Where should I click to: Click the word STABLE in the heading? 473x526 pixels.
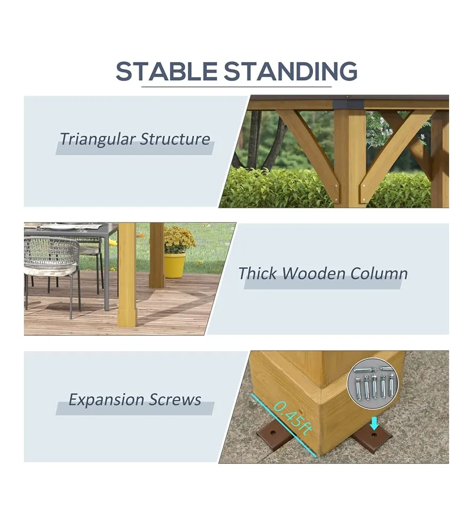166,71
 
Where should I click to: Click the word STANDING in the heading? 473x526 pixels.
291,71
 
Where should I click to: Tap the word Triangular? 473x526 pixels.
97,139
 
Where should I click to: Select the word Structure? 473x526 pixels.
175,139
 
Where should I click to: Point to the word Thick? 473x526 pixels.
257,273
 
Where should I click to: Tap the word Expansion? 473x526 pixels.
106,400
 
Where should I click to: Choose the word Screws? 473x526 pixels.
175,399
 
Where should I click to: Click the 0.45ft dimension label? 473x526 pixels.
292,418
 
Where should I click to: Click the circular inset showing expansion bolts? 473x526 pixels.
373,384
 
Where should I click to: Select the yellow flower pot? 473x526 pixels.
175,265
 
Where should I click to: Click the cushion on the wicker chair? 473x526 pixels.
50,269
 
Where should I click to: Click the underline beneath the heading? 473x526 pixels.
236,87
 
